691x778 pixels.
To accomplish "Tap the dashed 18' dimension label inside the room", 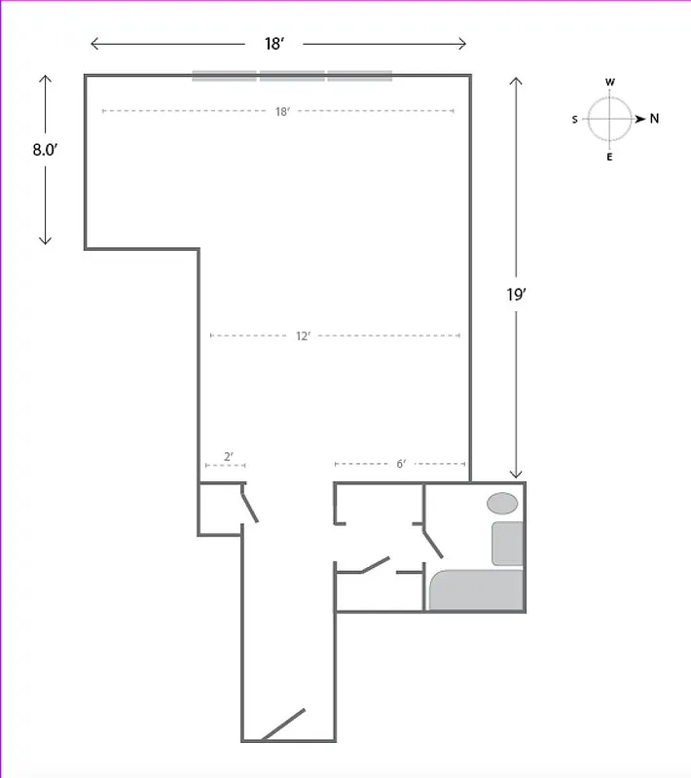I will click(281, 112).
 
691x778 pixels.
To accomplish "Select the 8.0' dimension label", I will click(45, 150).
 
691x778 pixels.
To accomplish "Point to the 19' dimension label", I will click(516, 295).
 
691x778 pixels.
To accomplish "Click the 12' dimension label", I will click(303, 336).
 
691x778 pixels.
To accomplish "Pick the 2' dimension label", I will click(228, 456).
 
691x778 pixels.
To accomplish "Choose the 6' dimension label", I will click(400, 464).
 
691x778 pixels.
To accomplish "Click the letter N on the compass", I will click(654, 119).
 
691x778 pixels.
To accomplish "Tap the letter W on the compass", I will click(610, 83).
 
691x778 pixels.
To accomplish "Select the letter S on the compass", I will click(575, 120).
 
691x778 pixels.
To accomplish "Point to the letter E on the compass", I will click(610, 157).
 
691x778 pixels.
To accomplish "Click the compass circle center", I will click(610, 119).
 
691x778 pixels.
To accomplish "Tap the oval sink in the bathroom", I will click(502, 503).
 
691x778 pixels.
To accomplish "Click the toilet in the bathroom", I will click(507, 544).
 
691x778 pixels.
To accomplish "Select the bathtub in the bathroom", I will click(477, 590).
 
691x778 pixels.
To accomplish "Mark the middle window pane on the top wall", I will click(292, 76).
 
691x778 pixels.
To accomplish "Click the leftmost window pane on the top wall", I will click(225, 76).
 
